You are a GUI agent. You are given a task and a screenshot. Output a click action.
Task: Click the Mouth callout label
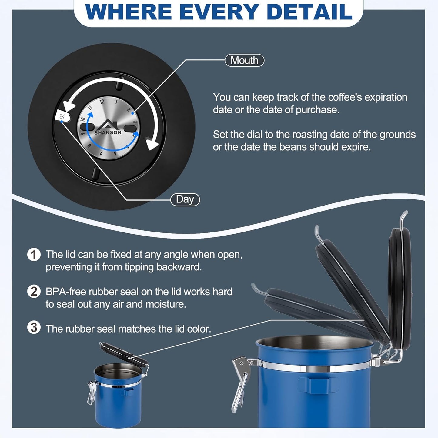244,60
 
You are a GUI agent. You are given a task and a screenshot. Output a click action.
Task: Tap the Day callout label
185,199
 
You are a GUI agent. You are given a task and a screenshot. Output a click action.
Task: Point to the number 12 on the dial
102,101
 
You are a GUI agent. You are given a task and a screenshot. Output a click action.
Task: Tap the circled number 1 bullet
34,255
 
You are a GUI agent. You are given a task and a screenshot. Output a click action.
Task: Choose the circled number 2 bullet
34,292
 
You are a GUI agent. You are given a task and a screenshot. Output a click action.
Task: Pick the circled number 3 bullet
34,328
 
